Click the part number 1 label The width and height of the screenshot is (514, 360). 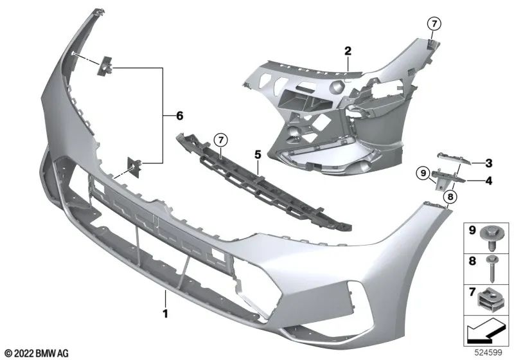click(x=165, y=314)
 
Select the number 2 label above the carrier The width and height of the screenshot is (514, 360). click(x=347, y=50)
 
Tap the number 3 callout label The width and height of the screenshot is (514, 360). click(x=489, y=163)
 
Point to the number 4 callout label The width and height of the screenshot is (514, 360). click(x=489, y=181)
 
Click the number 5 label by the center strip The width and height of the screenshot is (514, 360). click(x=257, y=155)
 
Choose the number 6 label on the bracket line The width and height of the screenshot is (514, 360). click(x=179, y=115)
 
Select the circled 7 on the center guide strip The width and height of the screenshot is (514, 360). click(x=220, y=139)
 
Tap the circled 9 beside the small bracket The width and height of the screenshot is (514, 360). click(x=422, y=172)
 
